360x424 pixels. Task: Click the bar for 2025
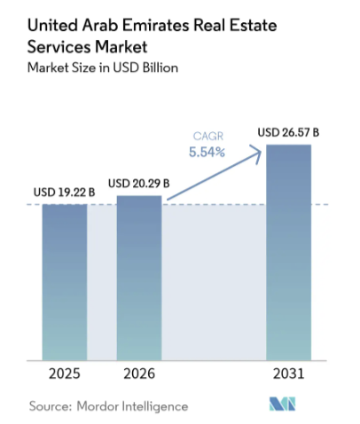[x=65, y=282]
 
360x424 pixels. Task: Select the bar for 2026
[x=139, y=279]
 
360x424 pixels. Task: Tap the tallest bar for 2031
[x=289, y=253]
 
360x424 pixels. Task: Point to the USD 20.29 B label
[x=138, y=184]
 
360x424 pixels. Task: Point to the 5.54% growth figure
[x=205, y=152]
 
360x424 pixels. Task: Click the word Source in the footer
[x=50, y=405]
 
